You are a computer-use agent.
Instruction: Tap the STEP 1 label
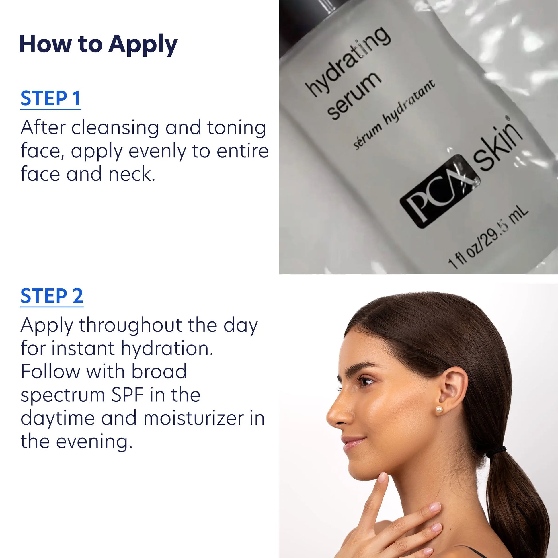tap(50, 98)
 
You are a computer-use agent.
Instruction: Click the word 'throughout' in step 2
tap(130, 325)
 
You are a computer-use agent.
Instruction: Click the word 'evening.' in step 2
tap(94, 442)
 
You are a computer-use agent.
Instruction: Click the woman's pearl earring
tap(439, 410)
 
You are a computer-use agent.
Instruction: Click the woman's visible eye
tap(366, 382)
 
